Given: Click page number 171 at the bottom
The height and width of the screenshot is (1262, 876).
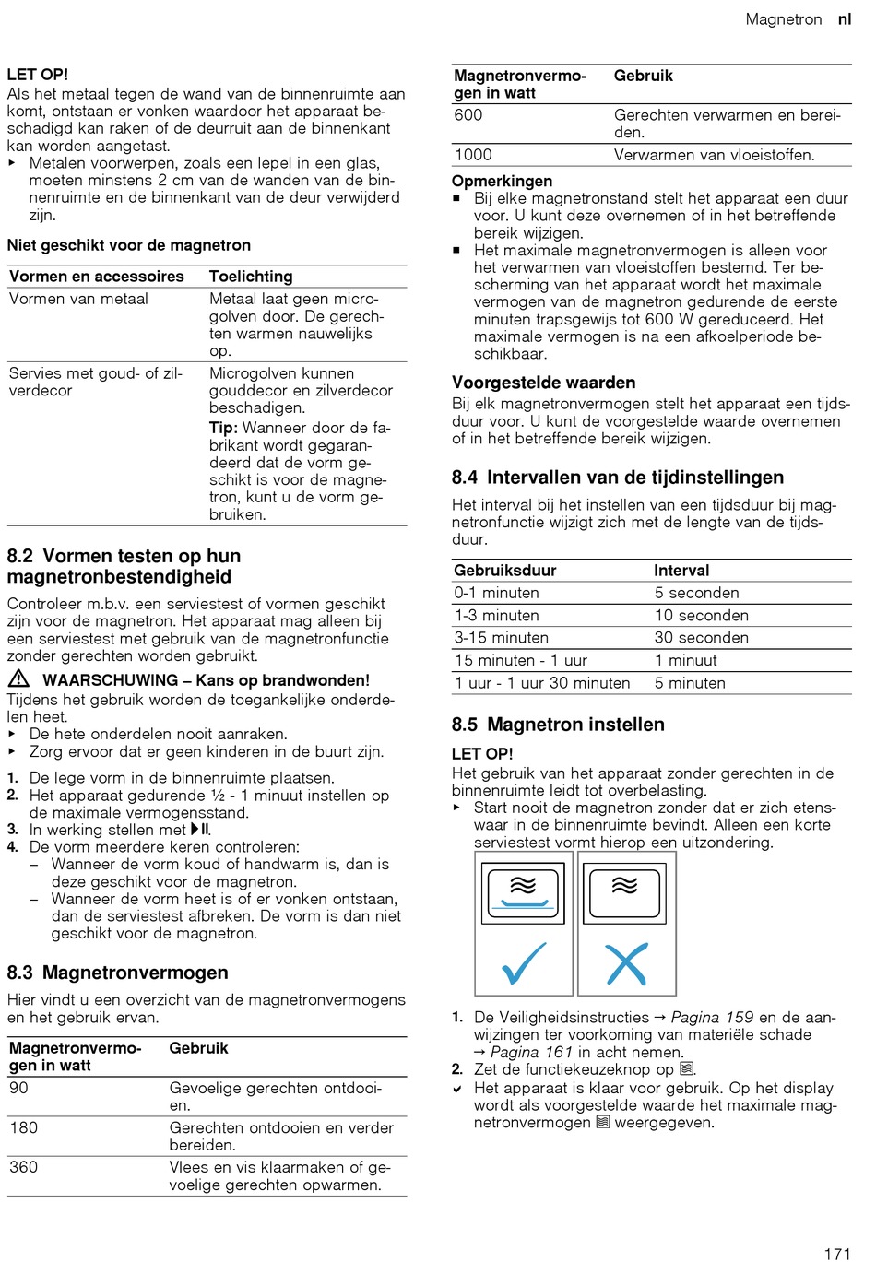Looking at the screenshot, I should (836, 1253).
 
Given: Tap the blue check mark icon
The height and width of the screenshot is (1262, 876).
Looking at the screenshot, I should (523, 963).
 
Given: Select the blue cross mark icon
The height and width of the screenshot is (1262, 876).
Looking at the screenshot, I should (626, 965).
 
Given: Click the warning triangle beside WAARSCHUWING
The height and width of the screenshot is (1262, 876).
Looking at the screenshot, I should (18, 679).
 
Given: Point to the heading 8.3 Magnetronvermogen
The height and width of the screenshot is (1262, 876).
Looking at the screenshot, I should (117, 973).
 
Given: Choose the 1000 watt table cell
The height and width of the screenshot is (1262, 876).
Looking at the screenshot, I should (473, 155).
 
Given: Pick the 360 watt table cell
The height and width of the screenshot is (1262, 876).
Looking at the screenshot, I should (24, 1167).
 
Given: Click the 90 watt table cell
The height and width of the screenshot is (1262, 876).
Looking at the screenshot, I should (19, 1088).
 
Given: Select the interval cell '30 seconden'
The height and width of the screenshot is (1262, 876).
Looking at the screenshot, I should (701, 638).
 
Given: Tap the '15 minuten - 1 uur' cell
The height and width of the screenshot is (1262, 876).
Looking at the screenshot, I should (520, 660).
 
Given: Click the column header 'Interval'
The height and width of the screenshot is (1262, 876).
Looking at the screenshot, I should (681, 571).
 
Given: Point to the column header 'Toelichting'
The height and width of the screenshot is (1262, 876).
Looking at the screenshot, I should (251, 277).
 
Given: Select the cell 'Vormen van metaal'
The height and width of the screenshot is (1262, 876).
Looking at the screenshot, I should (78, 299).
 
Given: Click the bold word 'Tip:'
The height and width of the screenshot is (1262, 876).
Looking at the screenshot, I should (223, 428).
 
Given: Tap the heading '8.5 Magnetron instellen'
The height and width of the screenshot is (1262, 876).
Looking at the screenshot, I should (558, 725).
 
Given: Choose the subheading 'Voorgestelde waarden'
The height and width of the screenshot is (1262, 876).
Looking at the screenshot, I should (543, 383).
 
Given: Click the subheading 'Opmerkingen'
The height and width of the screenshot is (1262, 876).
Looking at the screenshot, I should (502, 182).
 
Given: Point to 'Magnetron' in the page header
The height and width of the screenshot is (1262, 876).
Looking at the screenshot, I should (783, 19).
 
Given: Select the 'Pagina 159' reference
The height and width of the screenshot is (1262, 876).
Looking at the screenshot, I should (712, 1018).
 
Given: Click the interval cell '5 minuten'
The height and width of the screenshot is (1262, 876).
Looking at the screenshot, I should (690, 683).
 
